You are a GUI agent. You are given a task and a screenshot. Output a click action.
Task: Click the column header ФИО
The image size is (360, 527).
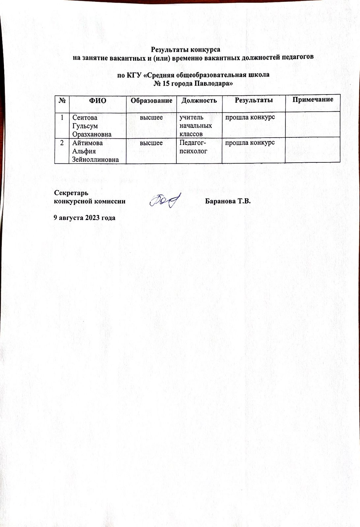coord(98,101)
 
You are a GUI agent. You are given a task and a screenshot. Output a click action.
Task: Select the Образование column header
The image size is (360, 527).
coord(151,100)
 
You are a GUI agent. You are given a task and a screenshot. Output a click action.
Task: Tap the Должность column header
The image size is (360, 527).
coord(199,100)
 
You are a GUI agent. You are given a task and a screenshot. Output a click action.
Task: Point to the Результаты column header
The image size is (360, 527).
coord(254,100)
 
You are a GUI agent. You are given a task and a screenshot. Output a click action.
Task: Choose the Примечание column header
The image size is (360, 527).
coord(313,99)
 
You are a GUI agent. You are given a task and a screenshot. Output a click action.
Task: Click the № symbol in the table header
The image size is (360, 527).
coord(62,101)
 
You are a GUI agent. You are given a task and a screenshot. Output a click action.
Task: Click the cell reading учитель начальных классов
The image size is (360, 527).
coord(195,125)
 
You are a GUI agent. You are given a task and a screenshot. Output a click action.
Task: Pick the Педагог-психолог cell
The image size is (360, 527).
coord(193,147)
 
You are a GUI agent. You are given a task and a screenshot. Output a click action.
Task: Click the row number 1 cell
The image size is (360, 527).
coord(62,117)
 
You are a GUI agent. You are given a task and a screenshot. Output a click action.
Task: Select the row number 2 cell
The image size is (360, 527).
coord(62,143)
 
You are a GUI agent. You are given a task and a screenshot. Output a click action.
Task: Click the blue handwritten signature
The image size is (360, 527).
coord(165,200)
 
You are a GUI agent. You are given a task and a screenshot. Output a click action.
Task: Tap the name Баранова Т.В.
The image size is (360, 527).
coord(228,201)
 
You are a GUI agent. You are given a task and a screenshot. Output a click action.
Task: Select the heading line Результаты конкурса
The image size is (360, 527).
coord(185,50)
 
